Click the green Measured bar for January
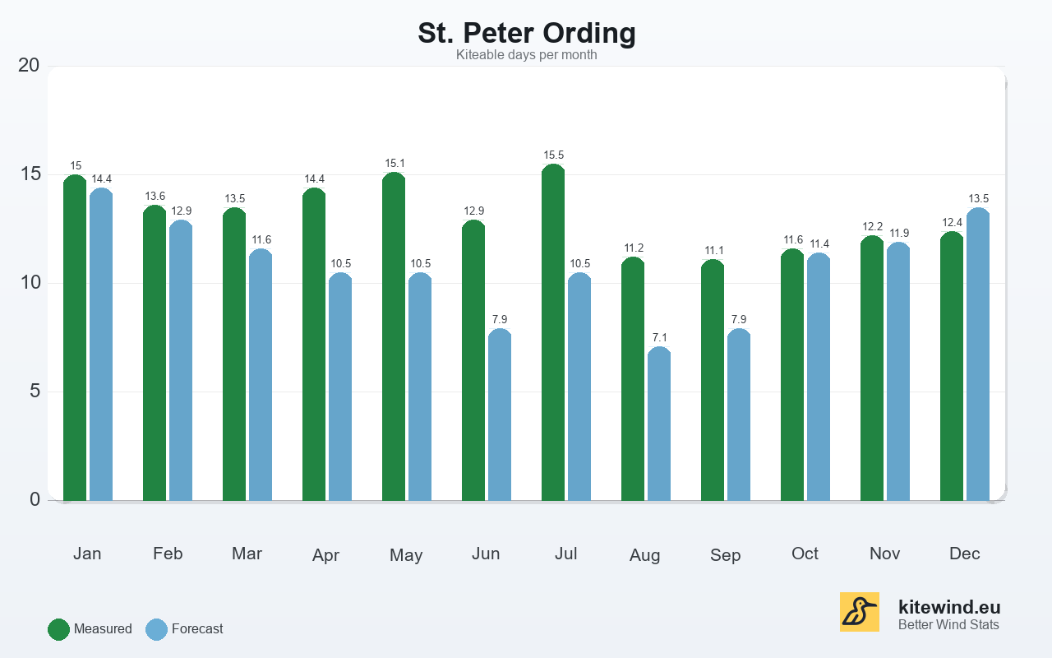(75, 337)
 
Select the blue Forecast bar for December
(978, 354)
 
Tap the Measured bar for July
(553, 332)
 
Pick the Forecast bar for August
(659, 424)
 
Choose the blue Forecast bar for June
(500, 415)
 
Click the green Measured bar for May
(394, 336)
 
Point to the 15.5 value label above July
(553, 155)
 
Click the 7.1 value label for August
(659, 338)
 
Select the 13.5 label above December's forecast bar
(978, 199)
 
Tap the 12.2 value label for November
(872, 227)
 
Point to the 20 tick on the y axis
(29, 65)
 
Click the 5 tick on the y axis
(35, 391)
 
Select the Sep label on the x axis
(725, 555)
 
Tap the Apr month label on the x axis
(325, 555)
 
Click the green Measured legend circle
(58, 629)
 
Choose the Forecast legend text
(197, 629)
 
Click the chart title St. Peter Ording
(526, 33)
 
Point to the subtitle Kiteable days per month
(526, 55)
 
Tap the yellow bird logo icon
(859, 612)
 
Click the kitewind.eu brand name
(949, 607)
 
